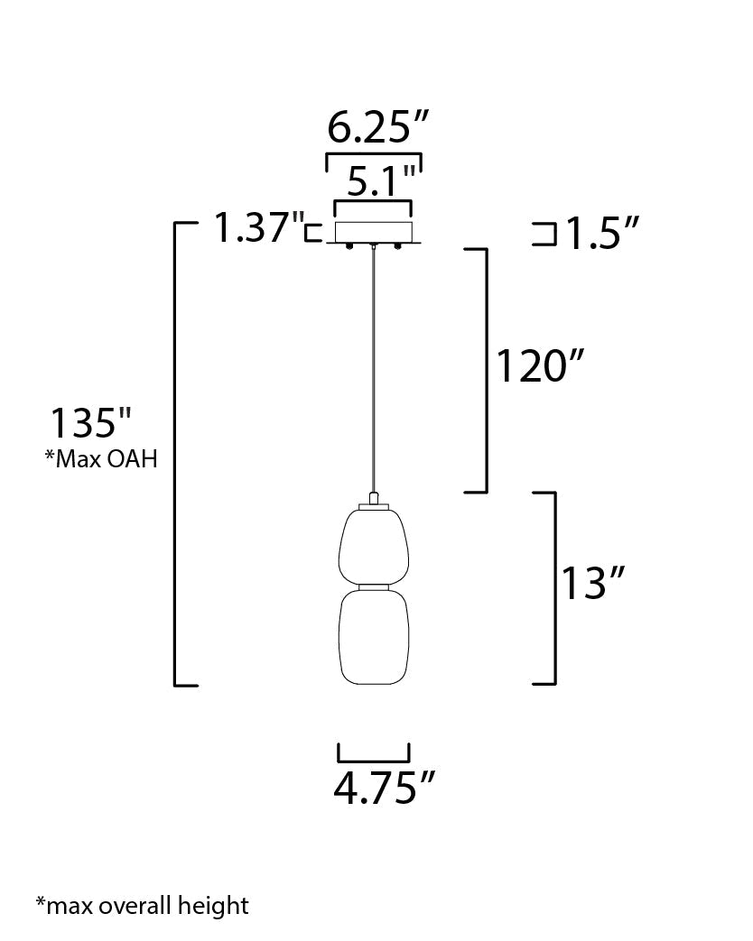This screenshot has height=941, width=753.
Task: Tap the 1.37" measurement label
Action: tap(259, 227)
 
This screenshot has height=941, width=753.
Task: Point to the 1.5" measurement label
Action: tap(602, 233)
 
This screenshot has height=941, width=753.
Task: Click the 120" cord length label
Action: tap(539, 366)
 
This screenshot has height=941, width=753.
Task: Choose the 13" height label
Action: tap(592, 583)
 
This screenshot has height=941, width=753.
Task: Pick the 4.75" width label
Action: tap(384, 788)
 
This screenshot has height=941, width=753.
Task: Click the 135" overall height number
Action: tap(90, 423)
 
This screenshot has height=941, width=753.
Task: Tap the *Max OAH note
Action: tap(101, 459)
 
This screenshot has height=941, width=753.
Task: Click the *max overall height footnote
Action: tap(143, 905)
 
